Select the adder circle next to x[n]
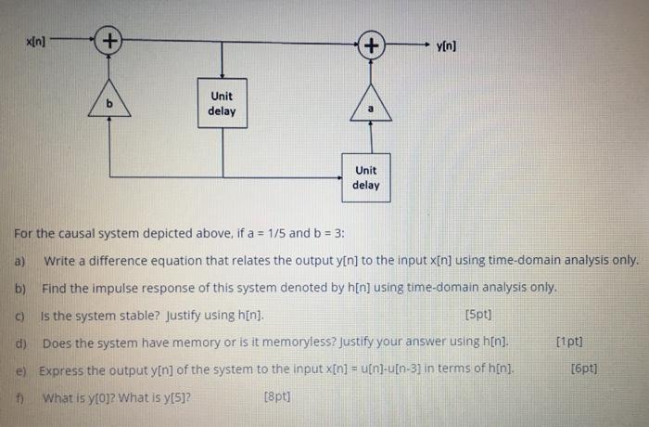click(109, 41)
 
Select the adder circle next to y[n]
click(371, 45)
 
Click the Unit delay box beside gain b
click(222, 103)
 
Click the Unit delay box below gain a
click(365, 177)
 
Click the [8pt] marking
click(275, 396)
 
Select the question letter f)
click(19, 396)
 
